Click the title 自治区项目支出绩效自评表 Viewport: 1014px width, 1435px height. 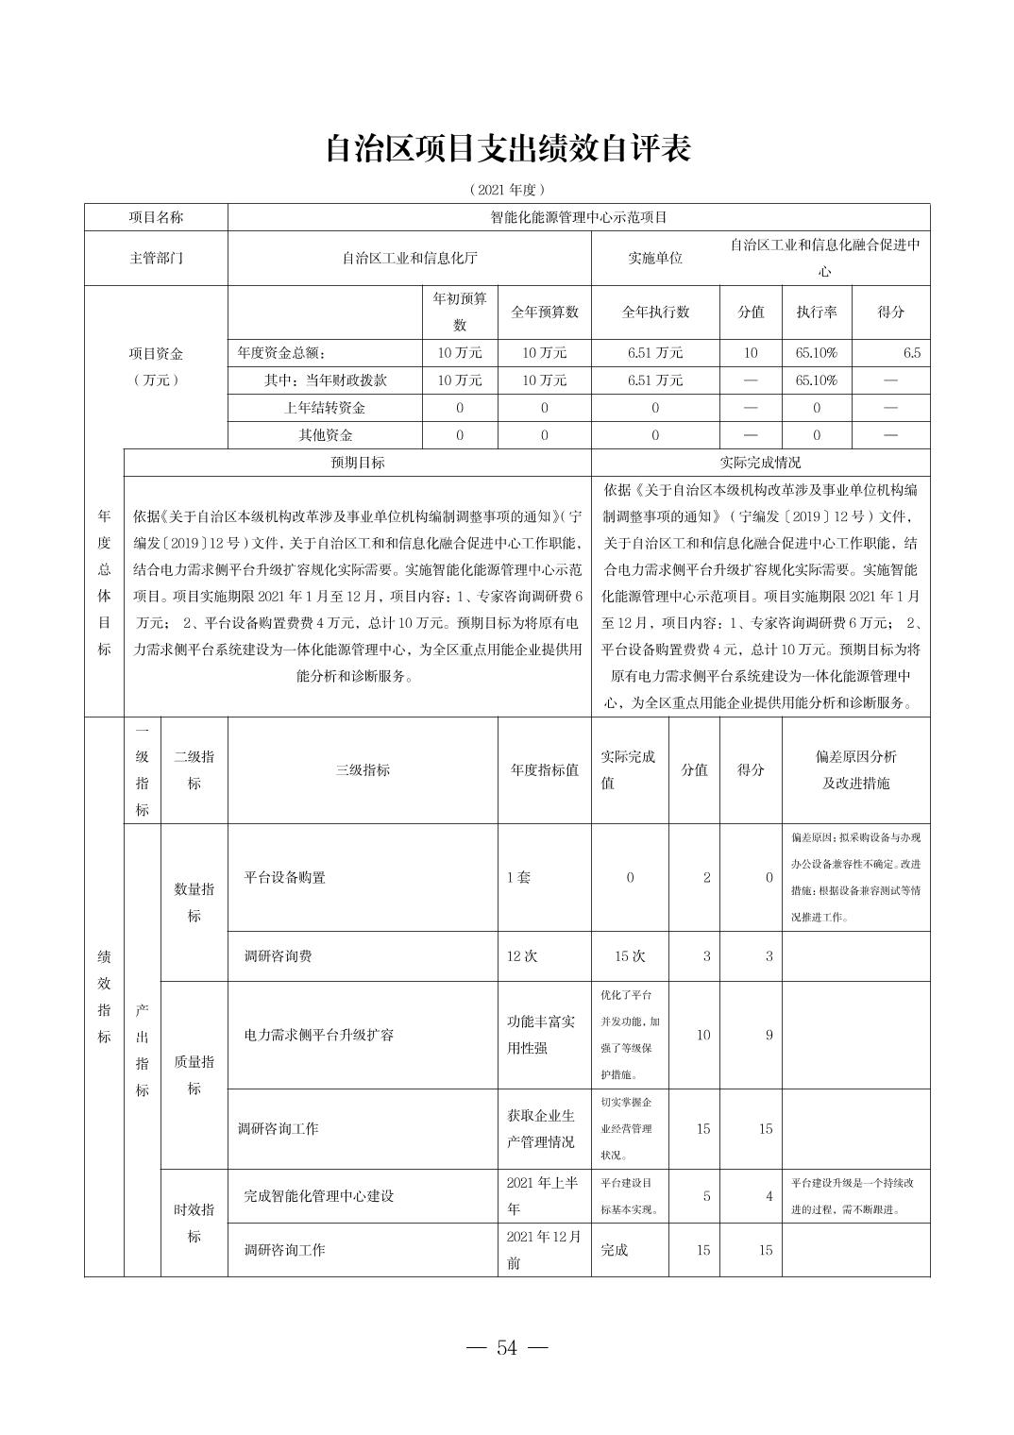pyautogui.click(x=507, y=148)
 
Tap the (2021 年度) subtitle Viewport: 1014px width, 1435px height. pyautogui.click(x=507, y=190)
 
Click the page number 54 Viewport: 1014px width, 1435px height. pyautogui.click(x=507, y=1347)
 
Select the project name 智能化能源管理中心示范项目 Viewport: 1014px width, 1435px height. pyautogui.click(x=578, y=217)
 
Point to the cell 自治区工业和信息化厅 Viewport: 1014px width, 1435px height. pyautogui.click(x=409, y=258)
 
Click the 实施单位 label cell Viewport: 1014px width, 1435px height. pyautogui.click(x=655, y=258)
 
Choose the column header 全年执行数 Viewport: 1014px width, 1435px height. pyautogui.click(x=655, y=312)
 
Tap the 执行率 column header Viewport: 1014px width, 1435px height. pyautogui.click(x=816, y=312)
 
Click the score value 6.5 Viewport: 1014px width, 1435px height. pyautogui.click(x=910, y=353)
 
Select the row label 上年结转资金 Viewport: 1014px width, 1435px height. pyautogui.click(x=325, y=408)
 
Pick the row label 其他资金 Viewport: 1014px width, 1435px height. pyautogui.click(x=325, y=435)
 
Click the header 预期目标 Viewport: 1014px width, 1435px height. pyautogui.click(x=357, y=463)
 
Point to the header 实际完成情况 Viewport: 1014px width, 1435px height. pyautogui.click(x=760, y=463)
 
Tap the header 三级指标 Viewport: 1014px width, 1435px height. pyautogui.click(x=363, y=769)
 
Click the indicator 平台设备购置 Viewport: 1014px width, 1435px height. pyautogui.click(x=284, y=877)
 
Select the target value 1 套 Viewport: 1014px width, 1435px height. pyautogui.click(x=518, y=877)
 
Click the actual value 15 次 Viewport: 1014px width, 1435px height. pyautogui.click(x=630, y=956)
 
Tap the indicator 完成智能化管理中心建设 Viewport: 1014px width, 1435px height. pyautogui.click(x=319, y=1196)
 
